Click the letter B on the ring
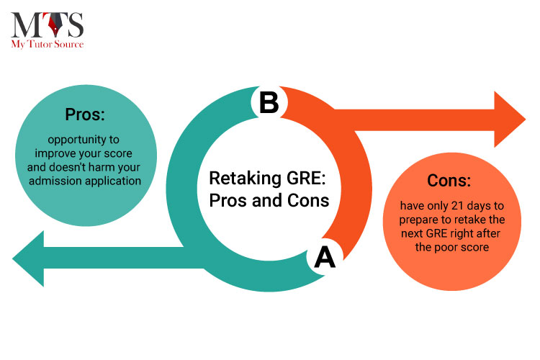[269, 102]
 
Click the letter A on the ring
[325, 257]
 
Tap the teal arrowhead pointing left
[28, 258]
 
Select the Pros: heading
[85, 114]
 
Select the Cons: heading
[449, 180]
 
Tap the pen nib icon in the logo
[55, 24]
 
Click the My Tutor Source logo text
[48, 44]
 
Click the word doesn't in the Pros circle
[68, 167]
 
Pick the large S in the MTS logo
[75, 24]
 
